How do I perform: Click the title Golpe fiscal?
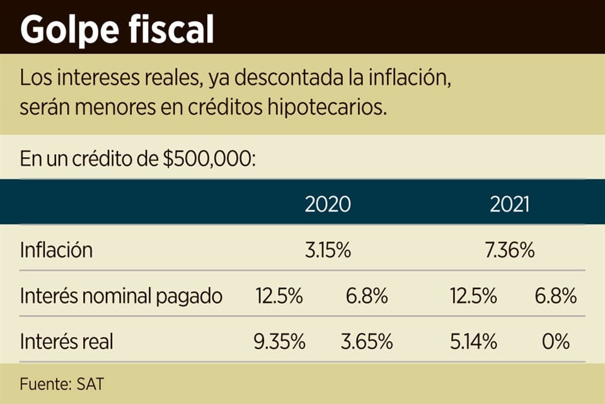pos(117,28)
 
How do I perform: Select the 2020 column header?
pos(328,205)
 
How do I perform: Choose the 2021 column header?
pos(510,205)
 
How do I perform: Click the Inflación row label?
pos(56,250)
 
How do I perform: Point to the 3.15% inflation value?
pos(328,250)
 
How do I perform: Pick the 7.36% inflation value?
pos(510,250)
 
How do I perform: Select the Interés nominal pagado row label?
pos(121,296)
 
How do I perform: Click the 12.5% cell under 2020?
pos(279,296)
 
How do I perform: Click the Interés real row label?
pos(66,342)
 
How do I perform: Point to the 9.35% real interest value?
pos(279,342)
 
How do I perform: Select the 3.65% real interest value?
pos(367,342)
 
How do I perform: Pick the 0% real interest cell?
pos(556,342)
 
